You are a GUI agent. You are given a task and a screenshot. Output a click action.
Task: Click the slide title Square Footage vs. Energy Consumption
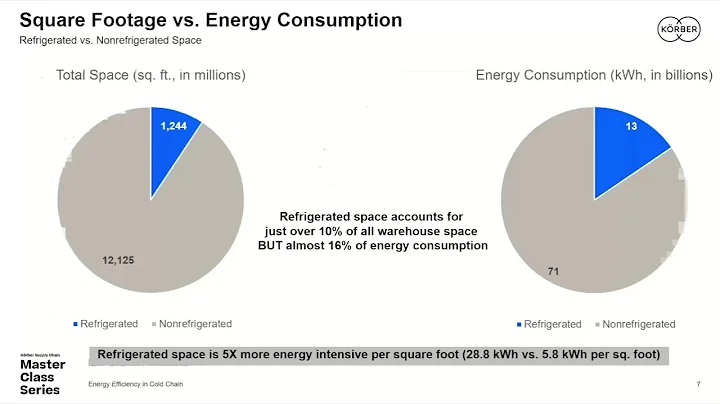(212, 20)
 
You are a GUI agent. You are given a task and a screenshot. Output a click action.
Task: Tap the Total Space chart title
(151, 75)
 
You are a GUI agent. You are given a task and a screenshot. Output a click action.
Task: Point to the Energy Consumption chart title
(594, 75)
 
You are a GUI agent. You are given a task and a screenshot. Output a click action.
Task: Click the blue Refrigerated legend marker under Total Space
(76, 324)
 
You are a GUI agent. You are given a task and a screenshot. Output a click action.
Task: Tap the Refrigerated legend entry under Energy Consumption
(547, 324)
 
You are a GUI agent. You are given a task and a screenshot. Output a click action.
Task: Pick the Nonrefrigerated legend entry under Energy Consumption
(638, 324)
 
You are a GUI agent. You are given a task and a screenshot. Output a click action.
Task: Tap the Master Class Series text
(43, 376)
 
